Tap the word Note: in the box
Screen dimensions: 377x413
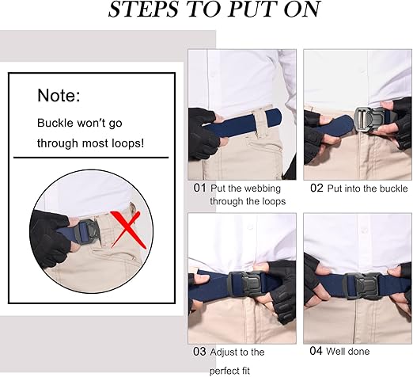point(59,96)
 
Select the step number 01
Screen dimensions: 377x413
point(199,188)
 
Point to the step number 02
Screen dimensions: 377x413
point(316,188)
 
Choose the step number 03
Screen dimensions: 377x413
point(199,351)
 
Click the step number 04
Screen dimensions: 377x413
point(316,351)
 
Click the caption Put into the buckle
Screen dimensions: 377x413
point(369,188)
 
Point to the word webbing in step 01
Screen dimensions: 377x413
point(260,188)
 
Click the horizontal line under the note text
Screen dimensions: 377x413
point(91,157)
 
